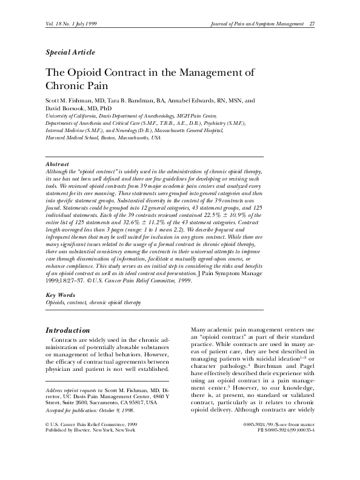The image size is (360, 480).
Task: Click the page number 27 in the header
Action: click(312, 24)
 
